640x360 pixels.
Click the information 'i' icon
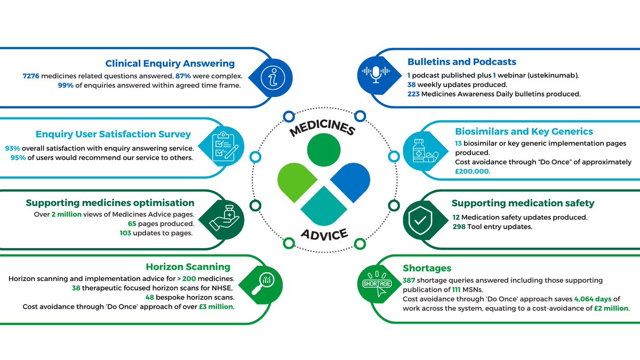point(273,78)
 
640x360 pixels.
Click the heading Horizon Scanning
point(188,267)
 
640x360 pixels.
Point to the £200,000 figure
point(473,172)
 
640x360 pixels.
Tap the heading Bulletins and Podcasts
point(462,62)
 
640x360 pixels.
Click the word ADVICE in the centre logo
point(324,234)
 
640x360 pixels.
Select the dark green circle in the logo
point(323,150)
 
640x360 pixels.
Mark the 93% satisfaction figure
point(13,147)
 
